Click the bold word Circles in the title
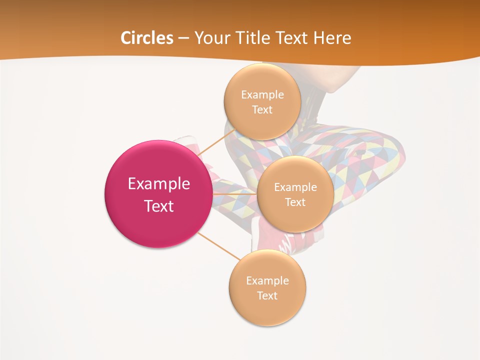pos(146,38)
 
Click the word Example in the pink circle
pos(158,184)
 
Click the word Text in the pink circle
pos(158,206)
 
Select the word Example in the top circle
pos(262,95)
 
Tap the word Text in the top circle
pos(262,110)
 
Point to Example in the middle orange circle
pos(295,187)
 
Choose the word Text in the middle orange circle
pos(295,202)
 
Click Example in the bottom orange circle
pos(267,281)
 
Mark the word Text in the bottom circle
pos(267,296)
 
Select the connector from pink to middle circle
pos(234,194)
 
